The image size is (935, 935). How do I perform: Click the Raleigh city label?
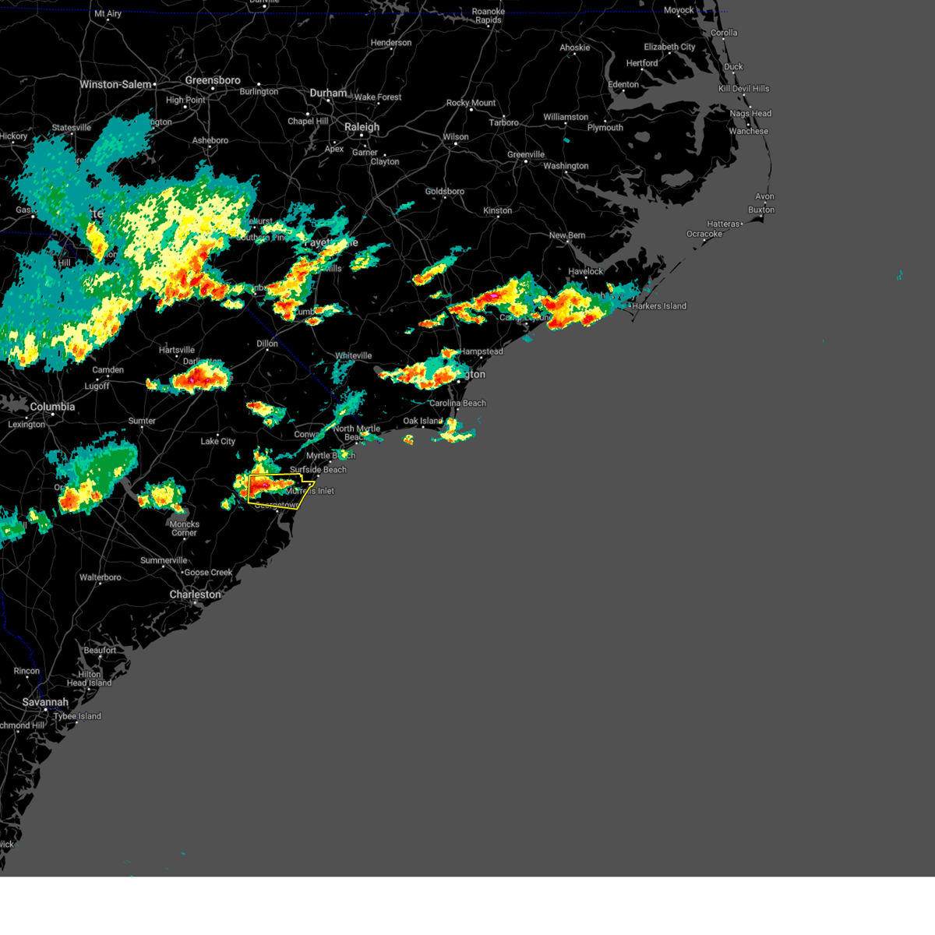point(362,127)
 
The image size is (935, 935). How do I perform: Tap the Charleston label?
point(195,595)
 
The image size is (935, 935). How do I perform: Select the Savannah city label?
point(45,702)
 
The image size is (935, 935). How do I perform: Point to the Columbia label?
point(52,407)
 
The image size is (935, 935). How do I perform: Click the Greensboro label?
point(213,80)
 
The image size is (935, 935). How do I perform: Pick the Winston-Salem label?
point(115,84)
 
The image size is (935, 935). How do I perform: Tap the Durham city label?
point(328,93)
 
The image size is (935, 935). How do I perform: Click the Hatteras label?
point(723,224)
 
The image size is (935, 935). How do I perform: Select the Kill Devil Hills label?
point(743,89)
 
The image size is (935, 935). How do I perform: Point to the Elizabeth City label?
point(669,48)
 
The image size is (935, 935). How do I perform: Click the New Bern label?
point(568,235)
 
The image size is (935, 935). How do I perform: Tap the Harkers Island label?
point(659,306)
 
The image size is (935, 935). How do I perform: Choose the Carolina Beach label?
point(457,403)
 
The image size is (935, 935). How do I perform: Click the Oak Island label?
point(422,421)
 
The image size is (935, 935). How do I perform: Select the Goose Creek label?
point(208,573)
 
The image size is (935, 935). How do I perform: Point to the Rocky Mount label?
point(471,103)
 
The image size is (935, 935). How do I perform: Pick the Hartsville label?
point(177,350)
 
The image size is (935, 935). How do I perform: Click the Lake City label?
point(218,441)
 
